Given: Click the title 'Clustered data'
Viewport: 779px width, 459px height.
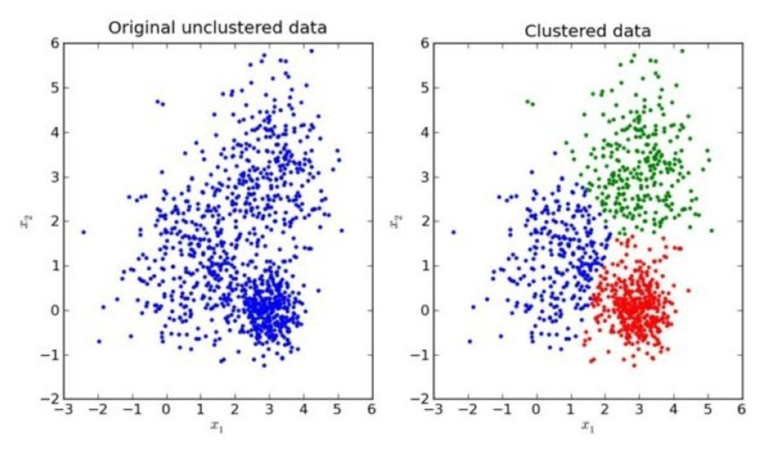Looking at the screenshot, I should point(587,30).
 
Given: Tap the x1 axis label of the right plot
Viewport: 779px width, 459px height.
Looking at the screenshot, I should point(587,426).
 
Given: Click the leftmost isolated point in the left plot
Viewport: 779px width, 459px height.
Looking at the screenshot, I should point(83,232).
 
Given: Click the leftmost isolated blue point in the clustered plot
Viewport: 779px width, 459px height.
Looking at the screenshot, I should point(453,232).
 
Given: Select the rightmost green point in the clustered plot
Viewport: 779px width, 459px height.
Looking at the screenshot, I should point(712,231).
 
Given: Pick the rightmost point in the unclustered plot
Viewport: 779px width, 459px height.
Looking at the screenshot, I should point(342,231).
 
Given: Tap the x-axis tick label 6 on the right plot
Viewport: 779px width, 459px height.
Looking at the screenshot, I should point(741,410).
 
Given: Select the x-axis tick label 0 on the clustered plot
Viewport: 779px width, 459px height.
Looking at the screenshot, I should point(536,410).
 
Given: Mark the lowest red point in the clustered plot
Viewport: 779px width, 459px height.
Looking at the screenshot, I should point(634,365).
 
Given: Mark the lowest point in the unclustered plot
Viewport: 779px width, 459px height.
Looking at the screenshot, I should point(264,365).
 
